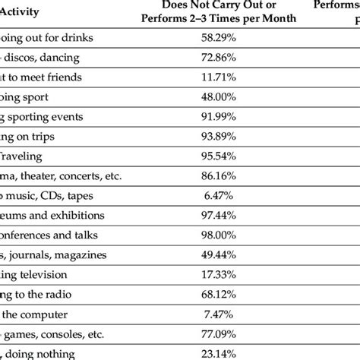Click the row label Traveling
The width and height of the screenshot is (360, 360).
[27, 156]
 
